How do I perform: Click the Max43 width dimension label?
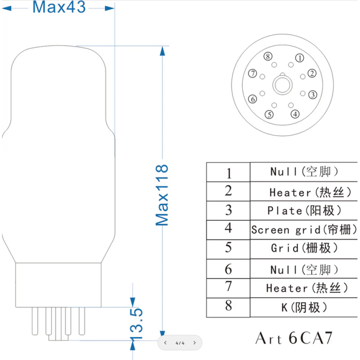[59, 7]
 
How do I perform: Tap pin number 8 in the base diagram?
[267, 56]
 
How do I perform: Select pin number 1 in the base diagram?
[299, 58]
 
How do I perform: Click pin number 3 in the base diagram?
[312, 95]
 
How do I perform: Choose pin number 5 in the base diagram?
[269, 115]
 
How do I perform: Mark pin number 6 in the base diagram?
[252, 99]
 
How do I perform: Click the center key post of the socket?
[282, 84]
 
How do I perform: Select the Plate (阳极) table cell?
[304, 210]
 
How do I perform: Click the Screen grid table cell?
[304, 229]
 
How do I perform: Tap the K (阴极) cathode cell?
[304, 308]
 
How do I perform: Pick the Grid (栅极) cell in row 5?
[304, 248]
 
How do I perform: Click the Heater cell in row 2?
[304, 192]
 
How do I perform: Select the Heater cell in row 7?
[304, 288]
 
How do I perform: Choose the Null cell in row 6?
[304, 269]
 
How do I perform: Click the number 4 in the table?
[228, 228]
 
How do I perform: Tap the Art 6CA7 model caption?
[294, 338]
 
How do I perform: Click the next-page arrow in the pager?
[194, 343]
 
